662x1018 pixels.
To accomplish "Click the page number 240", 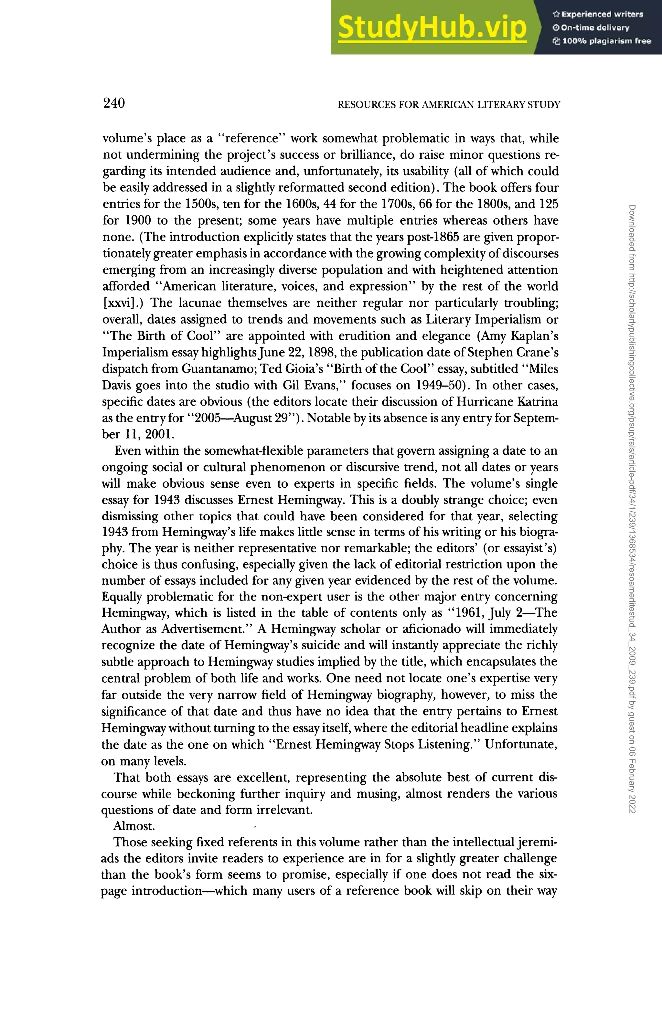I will (x=114, y=103).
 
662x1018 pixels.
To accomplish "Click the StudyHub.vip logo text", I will (x=432, y=28).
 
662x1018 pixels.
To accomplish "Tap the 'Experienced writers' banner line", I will (x=598, y=14).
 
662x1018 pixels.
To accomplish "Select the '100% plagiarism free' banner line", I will (x=603, y=41).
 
